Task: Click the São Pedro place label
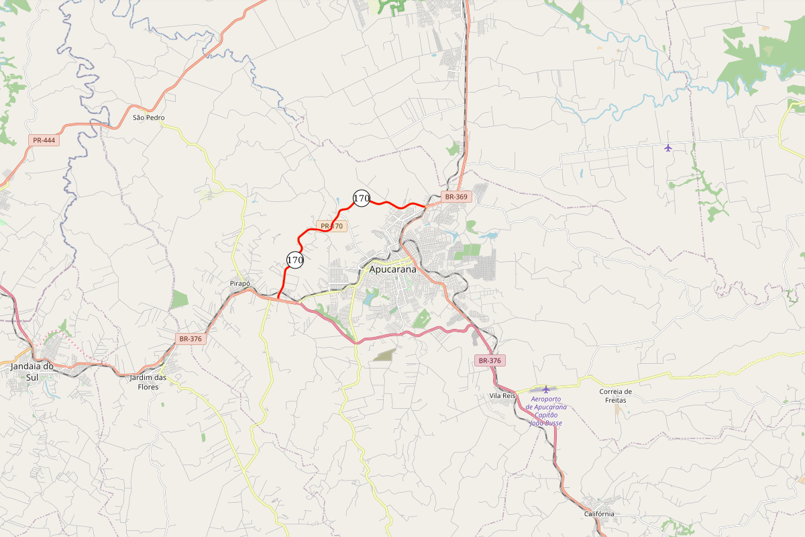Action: point(148,117)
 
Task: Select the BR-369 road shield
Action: point(456,197)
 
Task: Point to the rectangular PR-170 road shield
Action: point(331,226)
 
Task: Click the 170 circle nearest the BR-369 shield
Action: point(362,198)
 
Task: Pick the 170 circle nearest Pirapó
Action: point(295,259)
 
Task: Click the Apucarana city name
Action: point(392,269)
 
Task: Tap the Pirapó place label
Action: point(239,284)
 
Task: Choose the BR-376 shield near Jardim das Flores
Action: point(191,339)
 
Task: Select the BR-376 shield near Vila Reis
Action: point(490,360)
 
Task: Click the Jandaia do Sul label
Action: point(32,371)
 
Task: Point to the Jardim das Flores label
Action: point(148,382)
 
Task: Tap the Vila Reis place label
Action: point(502,396)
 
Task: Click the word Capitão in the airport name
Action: point(547,415)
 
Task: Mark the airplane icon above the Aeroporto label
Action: point(546,389)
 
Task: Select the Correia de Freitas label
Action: point(615,396)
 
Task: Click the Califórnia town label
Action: point(599,514)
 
